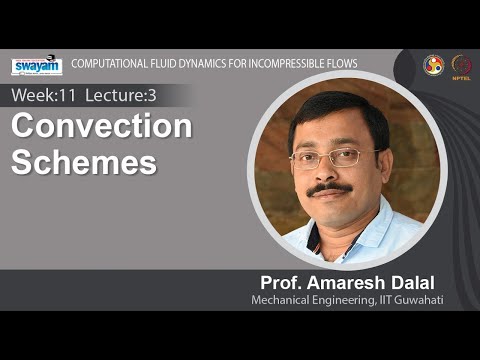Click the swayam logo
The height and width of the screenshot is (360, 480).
point(36,66)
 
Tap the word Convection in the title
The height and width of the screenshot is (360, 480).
point(101,128)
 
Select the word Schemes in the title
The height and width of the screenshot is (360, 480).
point(84,161)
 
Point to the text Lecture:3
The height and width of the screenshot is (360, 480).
point(125,96)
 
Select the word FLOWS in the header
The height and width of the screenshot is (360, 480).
point(341,64)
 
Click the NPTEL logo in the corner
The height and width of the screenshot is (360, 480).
point(461,65)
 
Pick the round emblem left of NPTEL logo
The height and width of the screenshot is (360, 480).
point(432,64)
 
